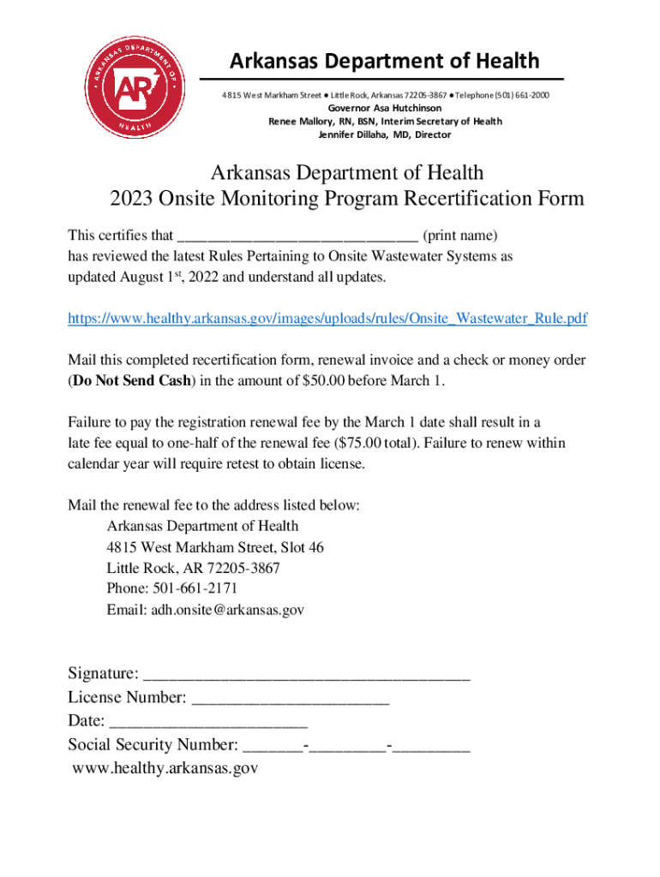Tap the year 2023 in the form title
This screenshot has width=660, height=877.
(x=130, y=199)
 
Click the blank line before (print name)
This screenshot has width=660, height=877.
(x=297, y=236)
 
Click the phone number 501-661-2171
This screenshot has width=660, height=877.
(x=195, y=588)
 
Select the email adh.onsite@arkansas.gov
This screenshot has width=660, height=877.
(x=227, y=610)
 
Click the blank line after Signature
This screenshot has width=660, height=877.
(x=307, y=675)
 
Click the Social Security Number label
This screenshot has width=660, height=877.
(x=153, y=744)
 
